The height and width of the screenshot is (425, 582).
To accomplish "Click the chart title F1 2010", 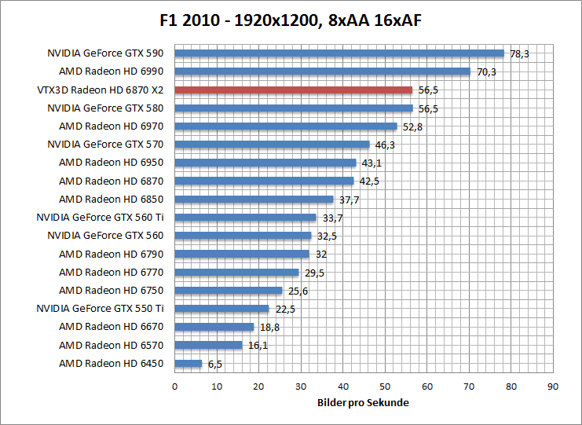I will [291, 18].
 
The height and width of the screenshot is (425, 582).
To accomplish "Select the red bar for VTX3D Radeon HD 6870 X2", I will [293, 90].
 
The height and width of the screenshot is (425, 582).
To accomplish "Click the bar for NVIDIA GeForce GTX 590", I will [339, 53].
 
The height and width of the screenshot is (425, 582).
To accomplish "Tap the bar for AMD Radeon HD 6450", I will [188, 363].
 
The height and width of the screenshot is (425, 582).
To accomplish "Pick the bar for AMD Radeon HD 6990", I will [322, 71].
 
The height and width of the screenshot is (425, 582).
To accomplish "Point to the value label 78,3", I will [520, 53].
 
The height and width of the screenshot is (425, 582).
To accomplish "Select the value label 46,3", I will [385, 145].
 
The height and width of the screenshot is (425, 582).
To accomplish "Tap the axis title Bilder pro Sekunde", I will [363, 402].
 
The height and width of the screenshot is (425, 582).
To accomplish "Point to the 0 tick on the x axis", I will [174, 386].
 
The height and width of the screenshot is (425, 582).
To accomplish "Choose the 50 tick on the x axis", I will [385, 386].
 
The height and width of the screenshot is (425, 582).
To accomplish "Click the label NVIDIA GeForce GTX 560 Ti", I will [100, 217].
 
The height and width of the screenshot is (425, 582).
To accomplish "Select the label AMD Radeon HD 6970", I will [111, 126].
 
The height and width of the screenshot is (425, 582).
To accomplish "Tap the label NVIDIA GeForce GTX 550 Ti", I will [100, 308].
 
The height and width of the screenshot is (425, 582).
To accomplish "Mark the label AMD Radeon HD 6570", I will [111, 345].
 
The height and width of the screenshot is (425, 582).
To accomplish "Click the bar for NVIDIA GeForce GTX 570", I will [272, 145].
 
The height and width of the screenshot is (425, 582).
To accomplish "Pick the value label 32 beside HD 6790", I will [320, 254].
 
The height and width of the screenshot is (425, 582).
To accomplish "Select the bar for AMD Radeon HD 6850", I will [254, 199].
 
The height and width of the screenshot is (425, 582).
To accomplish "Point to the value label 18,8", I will [269, 327].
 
